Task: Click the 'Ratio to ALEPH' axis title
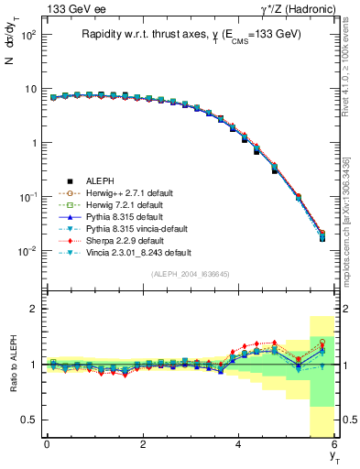(x=14, y=365)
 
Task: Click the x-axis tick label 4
(x=239, y=443)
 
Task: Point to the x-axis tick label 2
(x=143, y=443)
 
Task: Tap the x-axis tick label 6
(x=333, y=443)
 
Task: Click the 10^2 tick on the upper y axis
(x=27, y=35)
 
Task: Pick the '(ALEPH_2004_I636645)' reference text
(x=190, y=275)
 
